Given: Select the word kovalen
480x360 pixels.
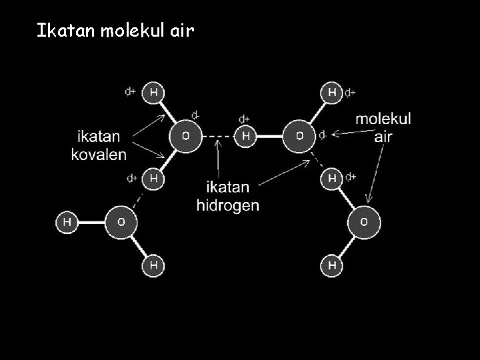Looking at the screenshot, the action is [99, 154].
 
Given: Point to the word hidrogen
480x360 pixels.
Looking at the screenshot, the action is [227, 205].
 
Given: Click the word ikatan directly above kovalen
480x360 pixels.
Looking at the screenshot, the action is [99, 137].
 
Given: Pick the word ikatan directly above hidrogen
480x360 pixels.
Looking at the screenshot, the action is [227, 187].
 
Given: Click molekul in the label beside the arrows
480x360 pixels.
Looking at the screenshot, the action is [383, 119].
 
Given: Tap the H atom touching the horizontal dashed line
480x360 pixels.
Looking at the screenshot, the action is [245, 136].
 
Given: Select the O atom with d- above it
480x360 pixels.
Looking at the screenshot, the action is [186, 136].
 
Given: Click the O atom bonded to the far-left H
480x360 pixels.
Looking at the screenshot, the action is [121, 221].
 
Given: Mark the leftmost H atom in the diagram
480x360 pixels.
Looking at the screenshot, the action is [67, 221].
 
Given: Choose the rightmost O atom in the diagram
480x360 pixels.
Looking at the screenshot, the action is [364, 221].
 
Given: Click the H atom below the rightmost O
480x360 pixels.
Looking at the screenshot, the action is [332, 265].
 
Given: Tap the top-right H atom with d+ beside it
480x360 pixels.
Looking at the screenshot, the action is [332, 93].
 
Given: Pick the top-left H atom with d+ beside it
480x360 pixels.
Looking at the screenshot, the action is [153, 93].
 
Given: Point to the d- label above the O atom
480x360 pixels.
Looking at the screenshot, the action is [195, 115].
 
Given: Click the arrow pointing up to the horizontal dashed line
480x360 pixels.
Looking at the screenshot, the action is [217, 159].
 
